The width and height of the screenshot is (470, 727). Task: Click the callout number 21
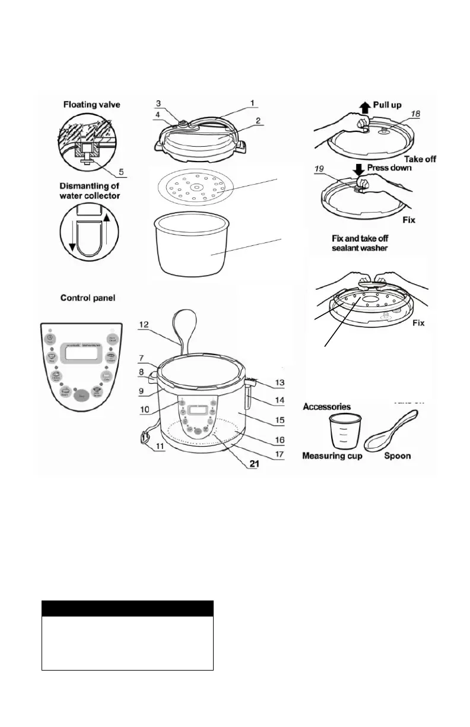tap(254, 464)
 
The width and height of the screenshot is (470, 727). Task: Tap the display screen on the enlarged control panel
tap(81, 355)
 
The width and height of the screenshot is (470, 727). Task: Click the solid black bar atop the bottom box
tap(128, 608)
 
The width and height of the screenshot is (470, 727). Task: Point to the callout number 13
tap(278, 383)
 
